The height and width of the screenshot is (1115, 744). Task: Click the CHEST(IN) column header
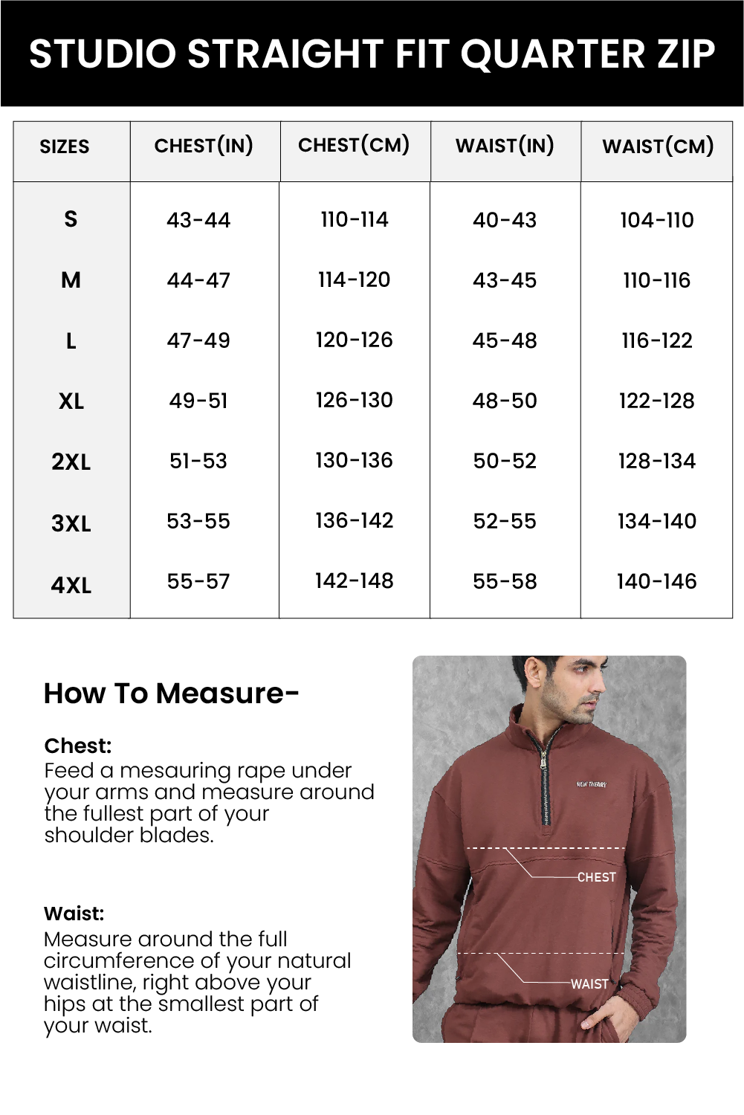204,146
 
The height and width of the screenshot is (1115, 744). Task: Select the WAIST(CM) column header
658,146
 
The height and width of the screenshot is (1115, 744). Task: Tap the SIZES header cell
65,147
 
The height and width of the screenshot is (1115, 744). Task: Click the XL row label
71,402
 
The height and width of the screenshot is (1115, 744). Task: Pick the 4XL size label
71,586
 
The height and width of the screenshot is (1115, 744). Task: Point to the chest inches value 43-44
198,220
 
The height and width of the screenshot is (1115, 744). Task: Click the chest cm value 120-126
354,340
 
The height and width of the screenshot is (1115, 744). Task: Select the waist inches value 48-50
505,401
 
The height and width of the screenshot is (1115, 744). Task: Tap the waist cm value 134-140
657,522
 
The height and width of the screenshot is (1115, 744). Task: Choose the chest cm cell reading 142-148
354,581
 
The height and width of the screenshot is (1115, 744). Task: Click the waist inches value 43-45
505,281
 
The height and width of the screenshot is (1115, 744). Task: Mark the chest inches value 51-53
198,462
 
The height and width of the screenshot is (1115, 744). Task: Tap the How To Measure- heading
172,694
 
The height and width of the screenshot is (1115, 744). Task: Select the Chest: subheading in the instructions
78,746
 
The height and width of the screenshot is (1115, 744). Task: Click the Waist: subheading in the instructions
74,914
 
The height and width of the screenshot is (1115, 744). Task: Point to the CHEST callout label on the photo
596,877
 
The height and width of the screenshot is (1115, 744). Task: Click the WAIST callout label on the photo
589,983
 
